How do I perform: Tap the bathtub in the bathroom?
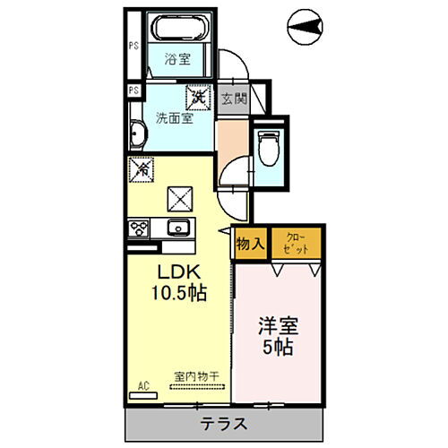point(177,28)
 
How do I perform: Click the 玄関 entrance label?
point(233,99)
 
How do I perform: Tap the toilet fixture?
point(268,146)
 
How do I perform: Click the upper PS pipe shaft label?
point(133,46)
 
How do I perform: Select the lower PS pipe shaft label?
point(133,90)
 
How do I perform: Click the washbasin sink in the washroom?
point(136,134)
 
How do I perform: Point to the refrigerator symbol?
point(141,168)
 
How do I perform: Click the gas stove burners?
point(139,228)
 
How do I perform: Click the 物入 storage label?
point(250,242)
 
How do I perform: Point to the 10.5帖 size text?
point(179,293)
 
